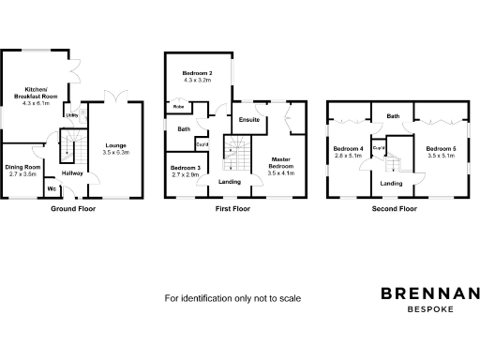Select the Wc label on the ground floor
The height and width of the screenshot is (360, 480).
pyautogui.click(x=52, y=188)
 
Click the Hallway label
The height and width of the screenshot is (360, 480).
pyautogui.click(x=72, y=173)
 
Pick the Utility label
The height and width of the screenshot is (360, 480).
pyautogui.click(x=71, y=115)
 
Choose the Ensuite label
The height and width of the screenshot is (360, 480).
pyautogui.click(x=248, y=120)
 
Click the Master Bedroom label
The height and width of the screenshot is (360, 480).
pyautogui.click(x=281, y=166)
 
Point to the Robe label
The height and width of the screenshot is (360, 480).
pyautogui.click(x=178, y=107)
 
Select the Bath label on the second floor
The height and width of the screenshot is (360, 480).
pyautogui.click(x=394, y=116)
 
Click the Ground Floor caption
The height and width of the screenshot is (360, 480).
pyautogui.click(x=72, y=209)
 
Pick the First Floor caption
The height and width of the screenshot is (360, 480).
pyautogui.click(x=232, y=209)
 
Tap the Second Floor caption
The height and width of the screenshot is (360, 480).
pyautogui.click(x=394, y=209)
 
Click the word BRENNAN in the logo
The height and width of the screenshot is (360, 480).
pyautogui.click(x=430, y=293)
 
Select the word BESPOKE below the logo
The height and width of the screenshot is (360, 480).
pyautogui.click(x=430, y=309)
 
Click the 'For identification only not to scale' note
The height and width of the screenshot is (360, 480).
pyautogui.click(x=232, y=298)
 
